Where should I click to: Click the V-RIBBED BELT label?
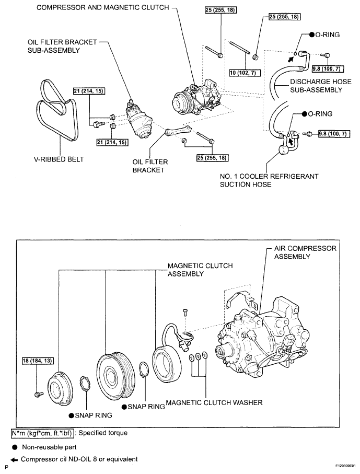tap(59, 159)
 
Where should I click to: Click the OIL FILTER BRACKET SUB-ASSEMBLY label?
tap(62, 47)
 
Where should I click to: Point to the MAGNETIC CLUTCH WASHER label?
tap(214, 402)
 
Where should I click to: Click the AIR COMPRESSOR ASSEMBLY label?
tap(305, 252)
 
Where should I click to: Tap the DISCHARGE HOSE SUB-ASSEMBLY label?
tap(321, 86)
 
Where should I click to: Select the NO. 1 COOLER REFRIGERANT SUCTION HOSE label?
tap(269, 180)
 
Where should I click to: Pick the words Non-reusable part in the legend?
tap(49, 447)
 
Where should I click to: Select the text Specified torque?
tap(103, 433)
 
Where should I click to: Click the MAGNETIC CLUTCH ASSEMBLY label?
tap(200, 270)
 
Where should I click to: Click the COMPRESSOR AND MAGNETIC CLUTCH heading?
tap(103, 7)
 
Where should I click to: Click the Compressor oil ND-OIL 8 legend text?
tap(79, 459)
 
